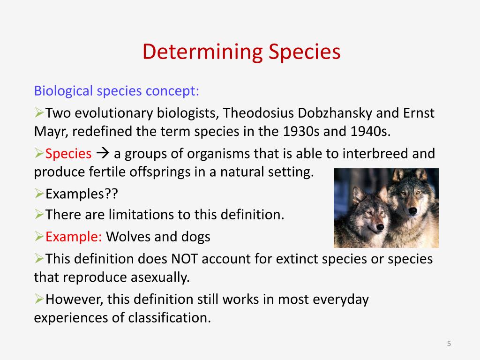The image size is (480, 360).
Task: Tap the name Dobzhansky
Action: [335, 113]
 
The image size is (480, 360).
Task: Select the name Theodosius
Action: [258, 113]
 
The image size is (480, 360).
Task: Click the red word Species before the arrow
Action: [68, 154]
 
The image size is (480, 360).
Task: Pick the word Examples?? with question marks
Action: [82, 194]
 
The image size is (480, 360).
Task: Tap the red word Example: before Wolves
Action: [74, 237]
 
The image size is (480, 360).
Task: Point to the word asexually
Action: [160, 277]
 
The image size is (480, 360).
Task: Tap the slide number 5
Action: [449, 344]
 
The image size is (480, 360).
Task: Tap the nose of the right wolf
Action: [412, 210]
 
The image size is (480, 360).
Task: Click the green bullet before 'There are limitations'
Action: [39, 214]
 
